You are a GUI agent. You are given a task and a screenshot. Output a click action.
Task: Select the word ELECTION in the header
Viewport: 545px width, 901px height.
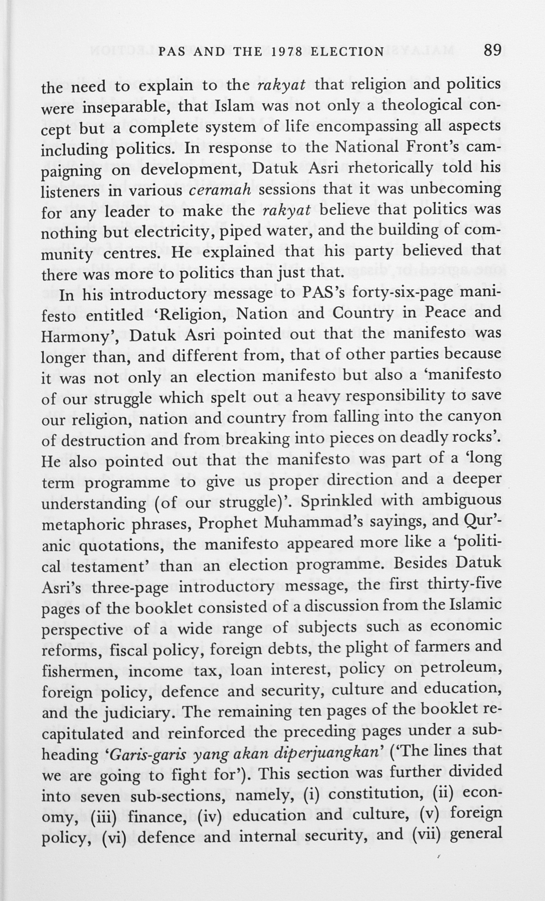pos(347,51)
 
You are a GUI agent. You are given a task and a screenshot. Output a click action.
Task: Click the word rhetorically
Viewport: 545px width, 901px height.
pos(390,169)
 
